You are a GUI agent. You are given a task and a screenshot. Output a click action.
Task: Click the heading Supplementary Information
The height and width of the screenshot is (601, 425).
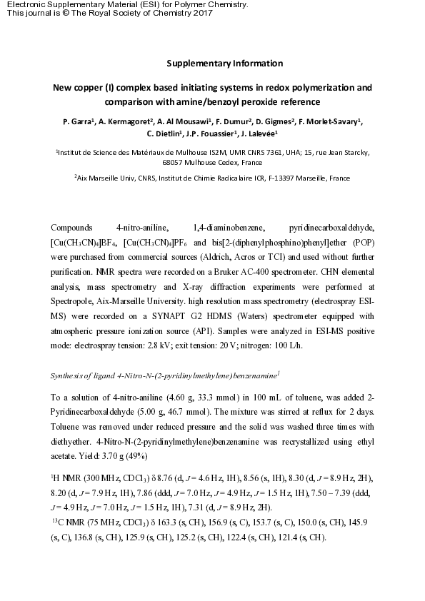pyautogui.click(x=224, y=64)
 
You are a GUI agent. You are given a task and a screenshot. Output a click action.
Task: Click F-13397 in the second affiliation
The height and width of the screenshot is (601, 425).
pyautogui.click(x=282, y=177)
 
